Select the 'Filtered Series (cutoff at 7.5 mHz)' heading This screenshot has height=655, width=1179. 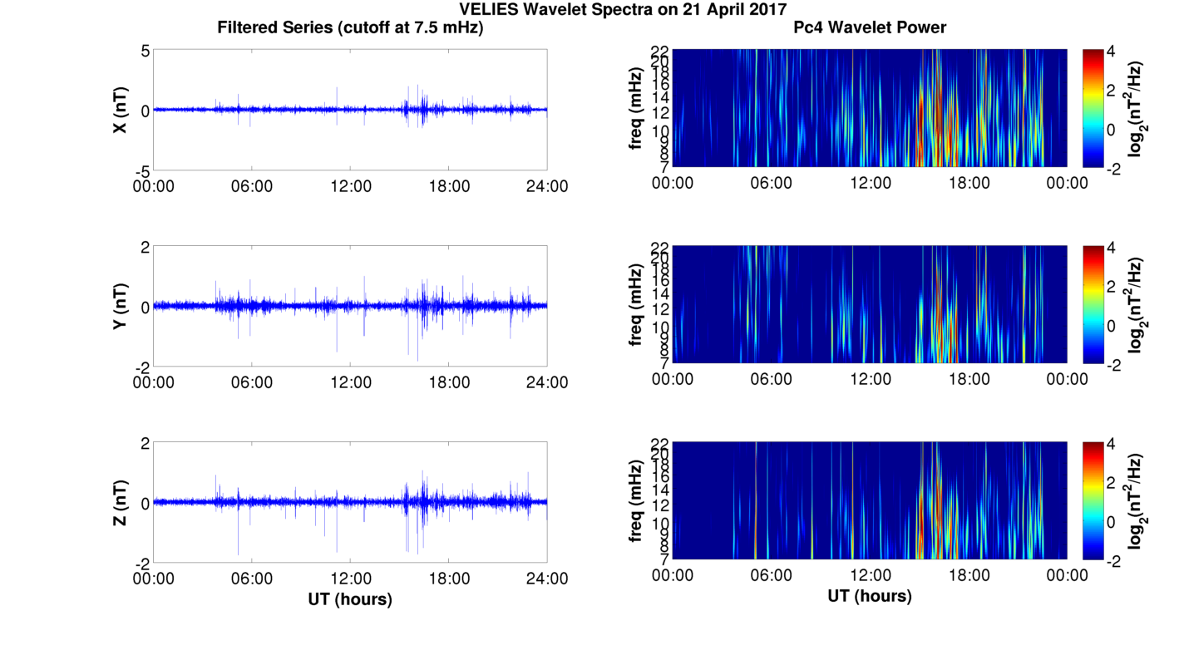tap(350, 27)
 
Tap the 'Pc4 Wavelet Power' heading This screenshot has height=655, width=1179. tap(870, 27)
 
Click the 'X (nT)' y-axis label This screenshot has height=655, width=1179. tap(120, 110)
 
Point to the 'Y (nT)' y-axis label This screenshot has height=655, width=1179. tap(120, 307)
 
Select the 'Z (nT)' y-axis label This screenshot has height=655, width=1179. tap(120, 503)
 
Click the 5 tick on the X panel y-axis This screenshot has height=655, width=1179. tap(145, 51)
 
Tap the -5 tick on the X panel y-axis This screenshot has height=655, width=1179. tap(141, 170)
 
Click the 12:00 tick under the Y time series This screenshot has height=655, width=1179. tap(350, 382)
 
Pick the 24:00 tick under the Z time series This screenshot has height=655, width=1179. tap(547, 579)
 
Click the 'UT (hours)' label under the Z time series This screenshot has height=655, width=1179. tap(350, 598)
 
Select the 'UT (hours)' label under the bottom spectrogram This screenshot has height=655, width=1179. tap(870, 596)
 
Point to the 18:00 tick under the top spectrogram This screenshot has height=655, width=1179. tap(969, 183)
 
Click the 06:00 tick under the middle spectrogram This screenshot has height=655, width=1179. tap(772, 379)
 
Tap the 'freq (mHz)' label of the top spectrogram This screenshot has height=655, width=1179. tap(636, 108)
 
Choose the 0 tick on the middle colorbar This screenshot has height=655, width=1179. tap(1112, 326)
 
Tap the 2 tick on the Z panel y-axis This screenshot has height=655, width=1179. tap(145, 443)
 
